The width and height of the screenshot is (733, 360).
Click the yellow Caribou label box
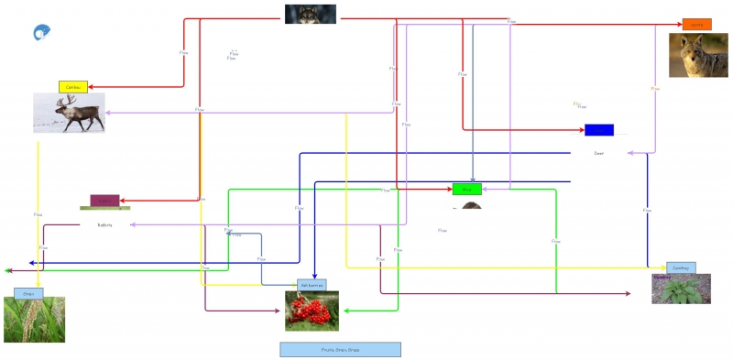point(72,87)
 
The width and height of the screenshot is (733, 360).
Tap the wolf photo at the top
point(310,14)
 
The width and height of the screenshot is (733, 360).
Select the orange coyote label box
point(696,24)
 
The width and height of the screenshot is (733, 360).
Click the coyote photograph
point(697,55)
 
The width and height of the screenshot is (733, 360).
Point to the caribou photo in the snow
point(69,113)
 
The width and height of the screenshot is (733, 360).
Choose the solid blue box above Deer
point(599,129)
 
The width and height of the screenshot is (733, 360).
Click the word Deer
point(599,153)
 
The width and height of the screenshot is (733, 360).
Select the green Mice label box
point(466,190)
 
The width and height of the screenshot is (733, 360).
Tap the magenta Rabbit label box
point(104,201)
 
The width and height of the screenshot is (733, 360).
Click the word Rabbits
point(104,224)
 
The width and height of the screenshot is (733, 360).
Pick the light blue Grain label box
point(28,293)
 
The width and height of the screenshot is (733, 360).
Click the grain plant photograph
point(34,320)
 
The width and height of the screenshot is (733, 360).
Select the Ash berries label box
point(312,285)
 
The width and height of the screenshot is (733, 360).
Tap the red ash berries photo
point(312,311)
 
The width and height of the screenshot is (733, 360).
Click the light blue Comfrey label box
point(681,267)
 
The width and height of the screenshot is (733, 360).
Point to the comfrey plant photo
point(681,289)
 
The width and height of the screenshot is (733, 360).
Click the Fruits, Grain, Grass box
point(340,349)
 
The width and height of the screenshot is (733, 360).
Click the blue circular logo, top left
point(41,33)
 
